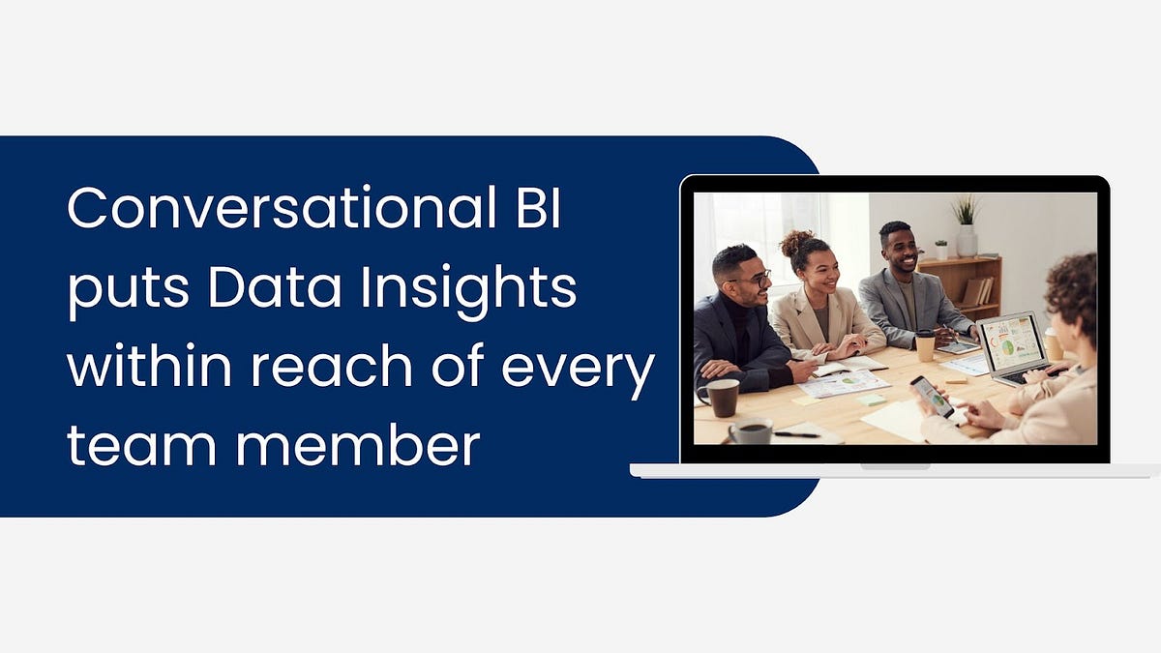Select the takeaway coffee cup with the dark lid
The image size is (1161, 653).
925,345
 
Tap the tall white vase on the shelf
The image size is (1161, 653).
967,239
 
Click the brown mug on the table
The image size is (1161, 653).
722,397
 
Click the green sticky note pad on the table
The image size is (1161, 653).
872,399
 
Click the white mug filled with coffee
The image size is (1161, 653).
751,431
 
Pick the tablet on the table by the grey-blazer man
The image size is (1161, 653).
958,347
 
